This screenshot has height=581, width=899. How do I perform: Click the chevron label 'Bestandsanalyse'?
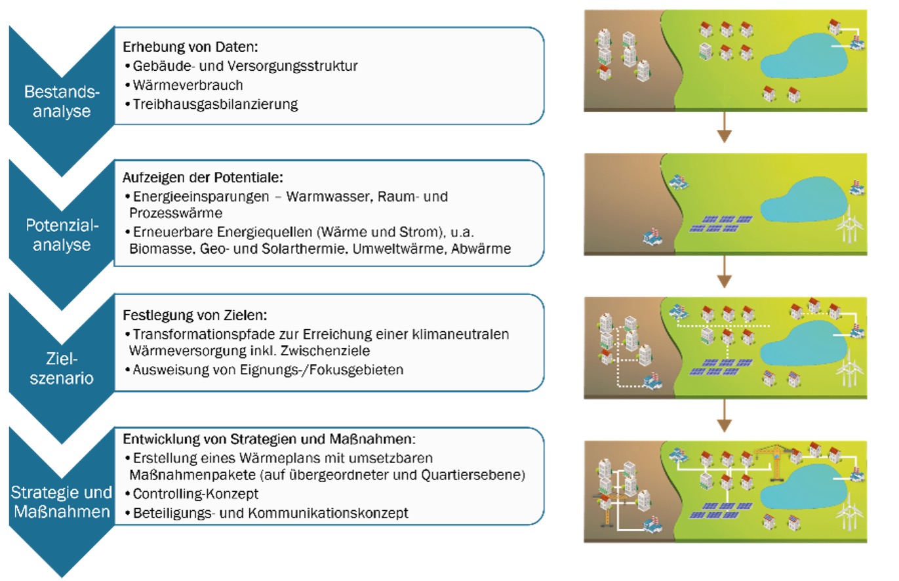tap(62, 102)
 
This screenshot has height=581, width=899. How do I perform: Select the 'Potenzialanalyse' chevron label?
tap(62, 235)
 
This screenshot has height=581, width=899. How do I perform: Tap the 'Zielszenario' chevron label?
tap(62, 369)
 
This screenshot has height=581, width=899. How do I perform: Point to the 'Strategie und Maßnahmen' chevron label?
tap(62, 502)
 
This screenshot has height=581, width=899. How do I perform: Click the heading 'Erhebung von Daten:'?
tap(190, 47)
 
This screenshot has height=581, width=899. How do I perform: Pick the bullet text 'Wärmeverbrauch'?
tap(188, 85)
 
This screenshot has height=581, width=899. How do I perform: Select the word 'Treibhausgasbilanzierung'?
tap(216, 104)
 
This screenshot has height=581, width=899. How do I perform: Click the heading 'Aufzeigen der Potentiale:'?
tap(203, 177)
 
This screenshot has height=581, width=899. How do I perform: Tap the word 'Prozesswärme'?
tap(176, 212)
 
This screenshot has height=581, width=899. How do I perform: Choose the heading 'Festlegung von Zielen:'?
tap(195, 315)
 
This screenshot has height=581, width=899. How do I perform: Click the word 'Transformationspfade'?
tap(215, 334)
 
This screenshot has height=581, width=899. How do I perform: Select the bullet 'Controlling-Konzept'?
tap(195, 494)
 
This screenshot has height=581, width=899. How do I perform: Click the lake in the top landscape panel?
tap(804, 57)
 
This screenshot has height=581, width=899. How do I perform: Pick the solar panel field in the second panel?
tap(721, 224)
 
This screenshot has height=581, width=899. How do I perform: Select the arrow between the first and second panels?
tap(724, 127)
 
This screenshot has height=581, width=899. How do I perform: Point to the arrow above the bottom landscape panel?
tap(724, 416)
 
